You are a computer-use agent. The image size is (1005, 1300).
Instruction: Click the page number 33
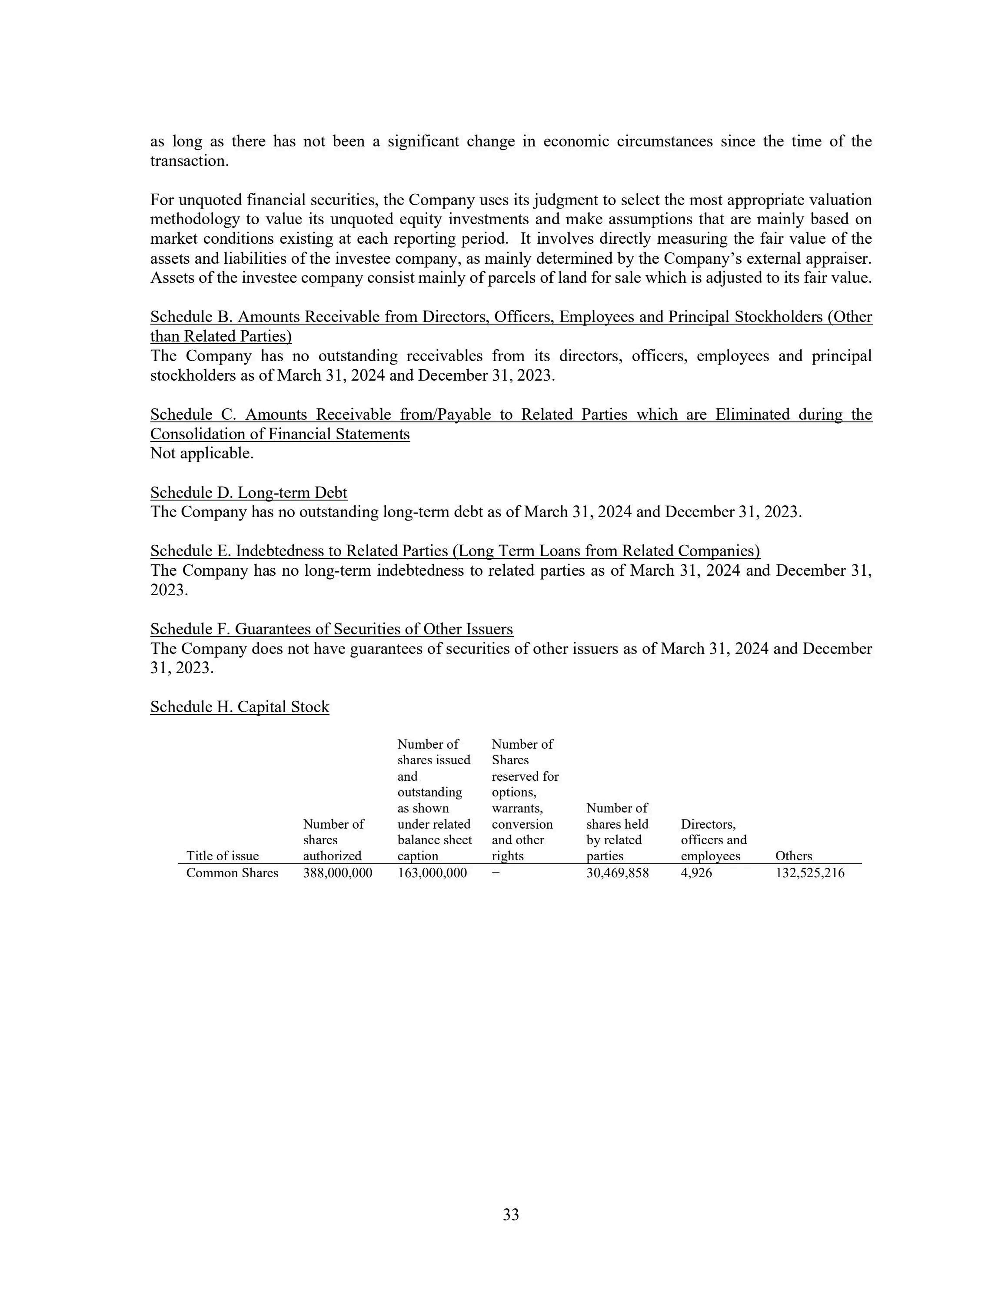511,1214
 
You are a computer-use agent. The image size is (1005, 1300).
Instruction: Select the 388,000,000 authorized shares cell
338,873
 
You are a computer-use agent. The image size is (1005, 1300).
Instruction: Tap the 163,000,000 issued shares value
432,873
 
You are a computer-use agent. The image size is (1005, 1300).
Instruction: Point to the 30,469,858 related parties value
617,873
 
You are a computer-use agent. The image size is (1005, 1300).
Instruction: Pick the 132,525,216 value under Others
810,873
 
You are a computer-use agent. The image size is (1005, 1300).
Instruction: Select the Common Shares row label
232,873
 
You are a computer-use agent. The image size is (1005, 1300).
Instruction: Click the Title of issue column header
223,856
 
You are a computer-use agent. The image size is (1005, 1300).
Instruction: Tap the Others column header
794,856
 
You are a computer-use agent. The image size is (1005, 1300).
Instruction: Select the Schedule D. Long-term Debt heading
249,492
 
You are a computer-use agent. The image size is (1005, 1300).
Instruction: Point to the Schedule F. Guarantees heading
332,629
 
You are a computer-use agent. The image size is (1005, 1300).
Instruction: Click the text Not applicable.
202,453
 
